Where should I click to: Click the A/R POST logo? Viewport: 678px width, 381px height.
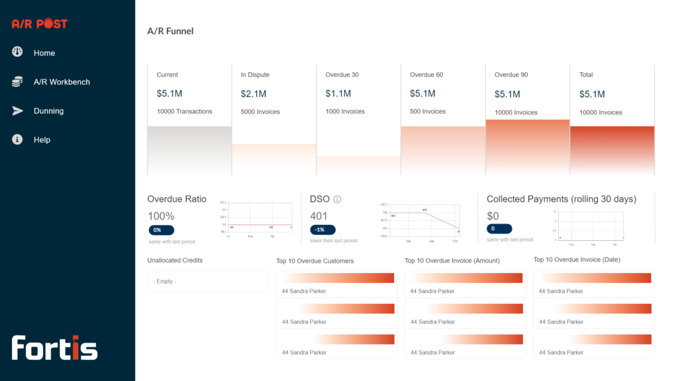point(40,24)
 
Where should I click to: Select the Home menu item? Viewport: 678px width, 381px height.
point(44,53)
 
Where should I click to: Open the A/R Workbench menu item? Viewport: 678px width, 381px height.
point(61,82)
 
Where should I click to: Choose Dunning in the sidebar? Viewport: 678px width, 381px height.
point(48,111)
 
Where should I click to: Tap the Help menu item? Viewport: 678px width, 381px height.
point(42,140)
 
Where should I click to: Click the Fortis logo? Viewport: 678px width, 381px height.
point(54,348)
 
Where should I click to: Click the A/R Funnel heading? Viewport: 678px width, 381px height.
point(170,31)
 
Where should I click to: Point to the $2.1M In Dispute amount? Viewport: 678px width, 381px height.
point(254,94)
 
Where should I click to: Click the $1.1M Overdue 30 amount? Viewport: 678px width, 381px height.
point(338,94)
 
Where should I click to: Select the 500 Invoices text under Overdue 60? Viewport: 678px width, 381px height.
point(427,112)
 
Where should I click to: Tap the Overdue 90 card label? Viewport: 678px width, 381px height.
point(511,75)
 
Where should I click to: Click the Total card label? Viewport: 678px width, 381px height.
point(586,75)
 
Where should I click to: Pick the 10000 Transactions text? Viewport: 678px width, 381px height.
point(184,112)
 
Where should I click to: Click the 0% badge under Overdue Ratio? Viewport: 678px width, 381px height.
point(161,230)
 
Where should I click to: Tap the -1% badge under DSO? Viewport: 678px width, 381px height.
point(322,230)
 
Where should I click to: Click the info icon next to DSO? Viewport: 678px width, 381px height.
point(337,199)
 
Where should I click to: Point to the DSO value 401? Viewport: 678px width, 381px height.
point(318,216)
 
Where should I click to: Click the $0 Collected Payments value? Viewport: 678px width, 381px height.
point(493,216)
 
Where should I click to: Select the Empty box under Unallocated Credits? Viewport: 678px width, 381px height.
point(208,281)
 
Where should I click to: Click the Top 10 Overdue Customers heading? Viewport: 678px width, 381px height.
point(315,261)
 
